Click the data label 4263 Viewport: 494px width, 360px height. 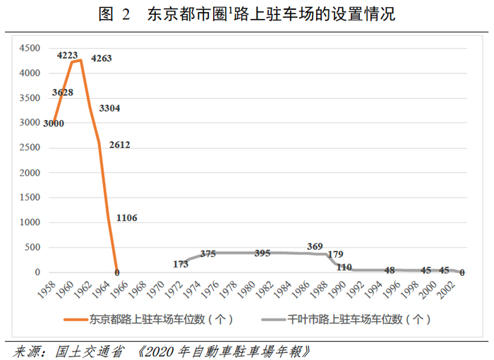[x=101, y=58]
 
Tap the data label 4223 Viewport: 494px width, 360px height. [x=68, y=54]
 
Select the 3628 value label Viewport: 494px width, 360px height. [x=63, y=92]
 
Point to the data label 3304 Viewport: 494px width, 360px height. [x=111, y=109]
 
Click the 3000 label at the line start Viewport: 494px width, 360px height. [x=54, y=123]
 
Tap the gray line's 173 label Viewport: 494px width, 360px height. [x=181, y=264]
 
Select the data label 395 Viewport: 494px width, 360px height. [x=262, y=253]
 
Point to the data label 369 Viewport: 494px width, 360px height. [x=315, y=246]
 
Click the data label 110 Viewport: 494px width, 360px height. [x=344, y=267]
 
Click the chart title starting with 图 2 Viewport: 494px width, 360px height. [x=247, y=14]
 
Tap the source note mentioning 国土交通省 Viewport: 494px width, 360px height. [x=161, y=350]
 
